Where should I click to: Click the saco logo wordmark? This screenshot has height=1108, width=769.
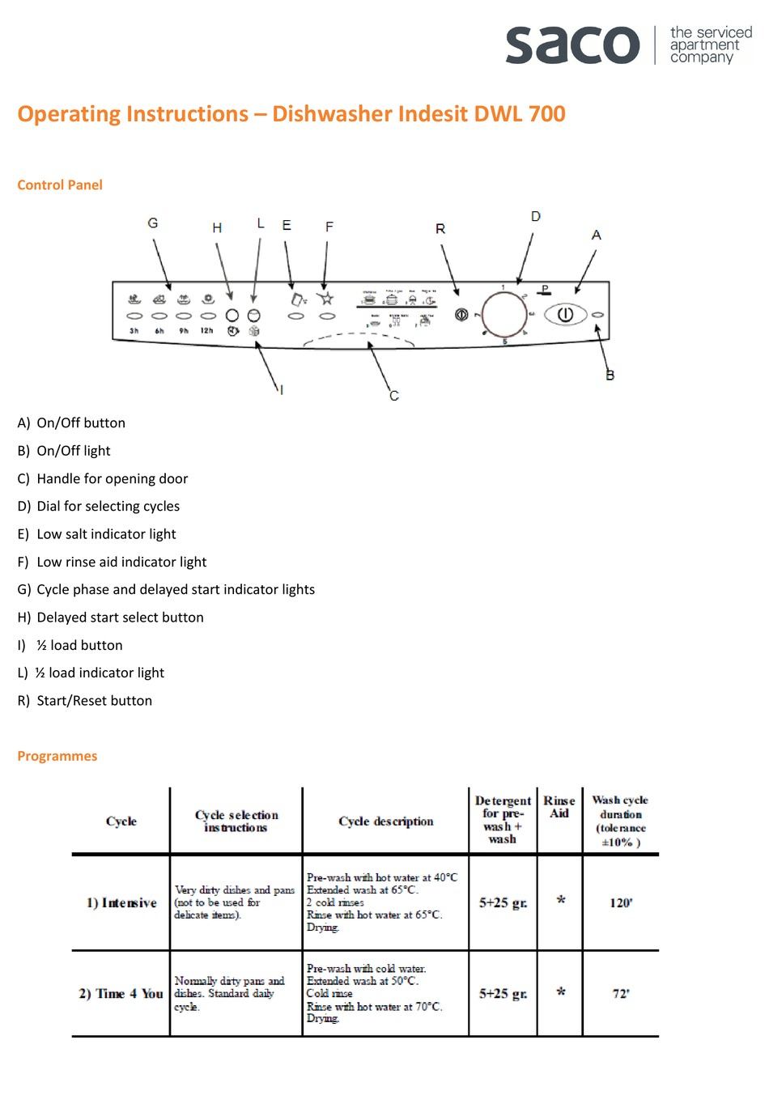(572, 45)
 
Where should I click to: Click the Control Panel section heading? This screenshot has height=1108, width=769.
(60, 185)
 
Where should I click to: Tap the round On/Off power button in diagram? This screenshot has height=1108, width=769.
(564, 314)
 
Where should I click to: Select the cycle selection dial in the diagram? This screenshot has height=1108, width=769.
(504, 314)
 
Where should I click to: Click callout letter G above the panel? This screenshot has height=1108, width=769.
(153, 223)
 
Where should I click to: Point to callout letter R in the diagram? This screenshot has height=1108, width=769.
(440, 229)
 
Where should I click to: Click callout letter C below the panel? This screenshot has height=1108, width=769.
(394, 396)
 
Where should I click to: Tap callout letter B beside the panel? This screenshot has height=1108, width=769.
(610, 375)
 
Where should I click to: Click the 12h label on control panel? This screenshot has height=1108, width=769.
(207, 331)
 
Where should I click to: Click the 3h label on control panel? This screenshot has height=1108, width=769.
(134, 331)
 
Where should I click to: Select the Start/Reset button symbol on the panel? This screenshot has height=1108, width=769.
(461, 314)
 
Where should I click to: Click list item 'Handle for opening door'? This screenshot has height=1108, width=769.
(112, 478)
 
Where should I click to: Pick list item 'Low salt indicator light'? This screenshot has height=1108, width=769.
(106, 534)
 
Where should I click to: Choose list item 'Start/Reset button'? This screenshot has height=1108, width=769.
(94, 701)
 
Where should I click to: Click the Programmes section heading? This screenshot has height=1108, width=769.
(57, 756)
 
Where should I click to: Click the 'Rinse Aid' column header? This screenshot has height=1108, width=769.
(559, 807)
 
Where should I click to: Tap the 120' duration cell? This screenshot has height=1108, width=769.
(621, 902)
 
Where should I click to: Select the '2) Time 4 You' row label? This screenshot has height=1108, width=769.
(121, 993)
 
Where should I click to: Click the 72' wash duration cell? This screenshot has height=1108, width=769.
(621, 993)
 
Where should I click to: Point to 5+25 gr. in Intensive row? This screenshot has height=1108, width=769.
(503, 902)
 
